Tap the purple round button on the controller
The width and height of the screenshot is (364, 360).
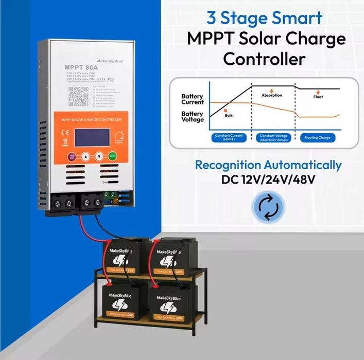point(72,156)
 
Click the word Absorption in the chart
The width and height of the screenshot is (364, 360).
point(272,96)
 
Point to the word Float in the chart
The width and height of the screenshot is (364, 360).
point(318,97)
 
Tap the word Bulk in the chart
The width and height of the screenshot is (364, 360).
point(229,116)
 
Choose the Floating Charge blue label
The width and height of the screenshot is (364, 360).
point(318,138)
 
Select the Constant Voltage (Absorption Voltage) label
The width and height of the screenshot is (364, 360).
point(274,138)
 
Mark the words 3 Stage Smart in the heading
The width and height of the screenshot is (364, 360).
point(264,18)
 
